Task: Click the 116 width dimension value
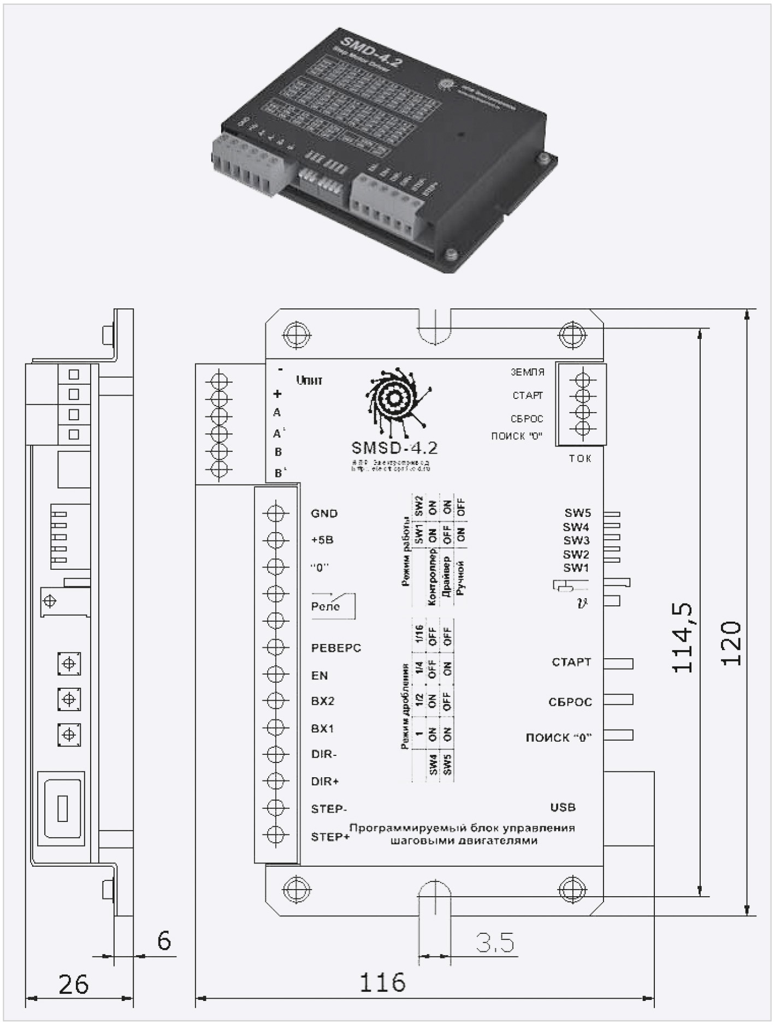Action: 382,982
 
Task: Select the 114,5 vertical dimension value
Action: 683,637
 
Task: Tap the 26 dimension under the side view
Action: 73,985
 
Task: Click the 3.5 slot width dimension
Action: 495,943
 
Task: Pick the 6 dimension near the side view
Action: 164,940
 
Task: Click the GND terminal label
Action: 324,514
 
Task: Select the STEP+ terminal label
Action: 330,837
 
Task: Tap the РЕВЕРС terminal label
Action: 336,648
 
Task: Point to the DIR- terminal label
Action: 324,754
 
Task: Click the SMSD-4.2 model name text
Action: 394,448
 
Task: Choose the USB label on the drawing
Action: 563,807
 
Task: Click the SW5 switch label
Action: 577,513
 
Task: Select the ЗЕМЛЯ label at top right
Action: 528,372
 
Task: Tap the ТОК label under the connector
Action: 580,458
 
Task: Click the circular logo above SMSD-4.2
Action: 394,400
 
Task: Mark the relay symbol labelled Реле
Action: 333,606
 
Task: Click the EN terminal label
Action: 320,676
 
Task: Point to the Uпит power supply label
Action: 309,380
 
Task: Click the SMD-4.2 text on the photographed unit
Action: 371,52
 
